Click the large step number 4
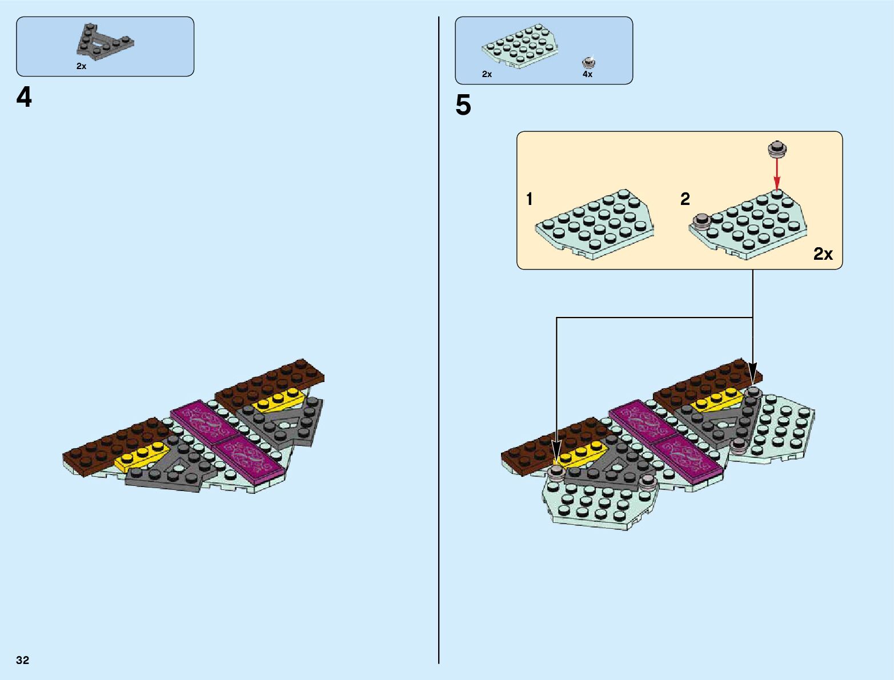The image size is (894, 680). coord(24,98)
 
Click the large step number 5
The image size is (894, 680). coord(463,106)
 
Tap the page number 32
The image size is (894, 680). coord(23,660)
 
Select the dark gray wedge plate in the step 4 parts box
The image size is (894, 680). coord(102,42)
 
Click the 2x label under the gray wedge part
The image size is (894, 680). coord(81,66)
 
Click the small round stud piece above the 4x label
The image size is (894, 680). coord(588,62)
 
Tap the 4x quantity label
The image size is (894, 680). coord(587,74)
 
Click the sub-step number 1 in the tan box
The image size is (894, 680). coord(530,199)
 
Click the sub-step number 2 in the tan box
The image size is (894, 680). coord(685,199)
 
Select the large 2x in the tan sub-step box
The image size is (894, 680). coord(823,254)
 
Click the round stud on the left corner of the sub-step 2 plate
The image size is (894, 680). coord(701,222)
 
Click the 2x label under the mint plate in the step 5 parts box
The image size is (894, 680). coord(487,74)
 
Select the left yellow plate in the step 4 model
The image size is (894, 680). coord(141,454)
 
